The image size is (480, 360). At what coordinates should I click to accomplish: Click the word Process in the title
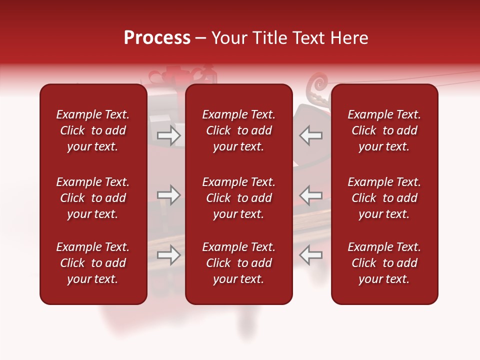(x=157, y=38)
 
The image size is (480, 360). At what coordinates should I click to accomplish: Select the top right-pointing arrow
(x=168, y=135)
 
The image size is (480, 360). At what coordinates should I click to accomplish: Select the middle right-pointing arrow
(x=168, y=195)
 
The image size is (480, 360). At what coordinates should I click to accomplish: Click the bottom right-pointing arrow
(x=168, y=255)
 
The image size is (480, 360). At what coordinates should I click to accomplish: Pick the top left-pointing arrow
(x=311, y=135)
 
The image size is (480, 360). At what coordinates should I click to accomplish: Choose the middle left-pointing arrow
(x=311, y=195)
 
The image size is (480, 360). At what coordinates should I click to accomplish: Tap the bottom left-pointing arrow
(x=311, y=255)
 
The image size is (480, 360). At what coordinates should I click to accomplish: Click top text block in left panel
(x=93, y=130)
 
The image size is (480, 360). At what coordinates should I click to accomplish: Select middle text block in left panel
(x=93, y=198)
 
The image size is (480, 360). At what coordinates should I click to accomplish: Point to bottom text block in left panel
(x=93, y=263)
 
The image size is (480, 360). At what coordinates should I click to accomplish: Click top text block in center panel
(x=238, y=130)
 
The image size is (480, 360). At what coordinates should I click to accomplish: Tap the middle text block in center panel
(x=238, y=198)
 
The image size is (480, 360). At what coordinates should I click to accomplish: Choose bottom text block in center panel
(x=238, y=263)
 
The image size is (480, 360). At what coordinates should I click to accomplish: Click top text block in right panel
(x=384, y=130)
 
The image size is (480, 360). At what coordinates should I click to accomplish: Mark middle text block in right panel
(x=384, y=198)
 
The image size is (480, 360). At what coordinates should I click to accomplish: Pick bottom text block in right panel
(x=384, y=263)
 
